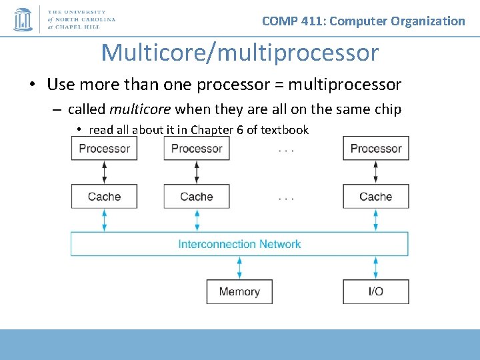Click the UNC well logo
(x=23, y=19)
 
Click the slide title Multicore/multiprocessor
(x=239, y=53)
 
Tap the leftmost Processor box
(x=104, y=149)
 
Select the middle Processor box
(x=197, y=149)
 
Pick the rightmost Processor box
(x=376, y=149)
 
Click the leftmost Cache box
(x=104, y=197)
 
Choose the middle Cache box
(x=197, y=197)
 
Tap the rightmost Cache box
(x=376, y=197)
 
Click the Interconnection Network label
(x=239, y=244)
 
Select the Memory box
(x=239, y=292)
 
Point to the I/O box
(x=376, y=292)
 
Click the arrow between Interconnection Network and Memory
(x=239, y=268)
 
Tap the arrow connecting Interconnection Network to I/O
(x=376, y=268)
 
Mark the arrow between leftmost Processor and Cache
(x=104, y=173)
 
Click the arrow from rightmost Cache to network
(x=376, y=220)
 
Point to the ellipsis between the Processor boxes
(x=286, y=149)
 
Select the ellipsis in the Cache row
(x=286, y=198)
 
